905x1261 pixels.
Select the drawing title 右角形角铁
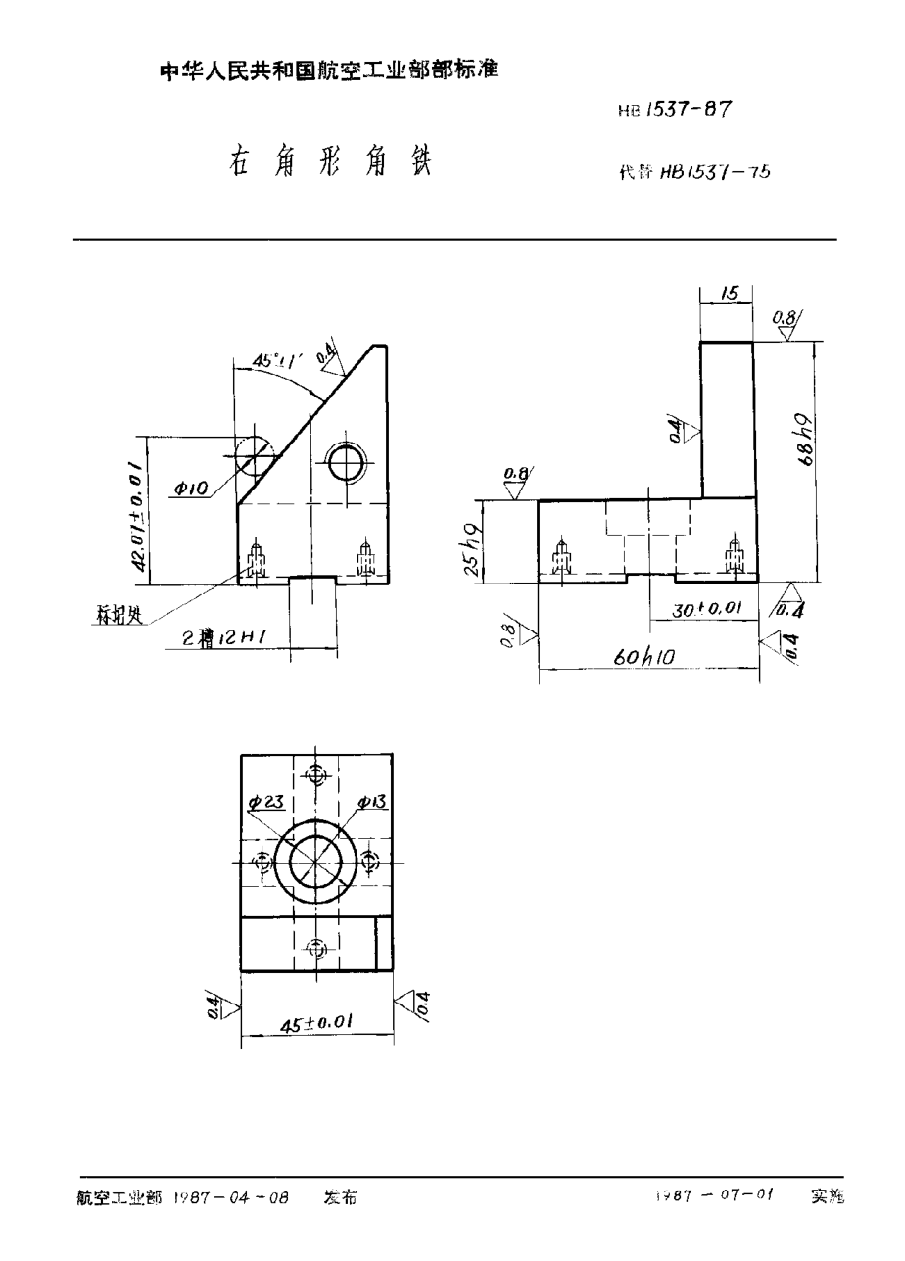(327, 162)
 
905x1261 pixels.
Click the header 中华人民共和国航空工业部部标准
(328, 71)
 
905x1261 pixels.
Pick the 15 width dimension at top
(727, 294)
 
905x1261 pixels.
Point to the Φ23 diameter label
(266, 802)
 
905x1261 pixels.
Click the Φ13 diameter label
(373, 802)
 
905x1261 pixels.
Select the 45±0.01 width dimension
(316, 1022)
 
